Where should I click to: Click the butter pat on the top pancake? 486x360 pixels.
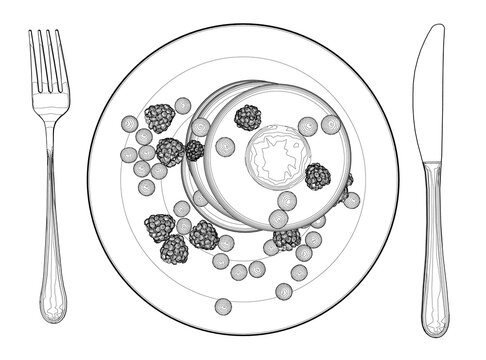pyautogui.click(x=270, y=156)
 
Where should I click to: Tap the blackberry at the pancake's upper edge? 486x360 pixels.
pyautogui.click(x=247, y=117)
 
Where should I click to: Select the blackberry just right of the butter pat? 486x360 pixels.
pyautogui.click(x=318, y=176)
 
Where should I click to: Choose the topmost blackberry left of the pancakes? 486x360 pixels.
pyautogui.click(x=159, y=118)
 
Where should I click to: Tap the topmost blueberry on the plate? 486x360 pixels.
pyautogui.click(x=182, y=105)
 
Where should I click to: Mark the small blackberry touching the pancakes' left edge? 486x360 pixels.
pyautogui.click(x=194, y=150)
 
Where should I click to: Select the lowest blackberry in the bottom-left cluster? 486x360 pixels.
pyautogui.click(x=174, y=249)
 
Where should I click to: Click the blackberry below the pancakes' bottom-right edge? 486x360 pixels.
pyautogui.click(x=287, y=238)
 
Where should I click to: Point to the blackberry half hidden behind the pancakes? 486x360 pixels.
pyautogui.click(x=345, y=185)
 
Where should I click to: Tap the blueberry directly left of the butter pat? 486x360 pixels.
pyautogui.click(x=226, y=146)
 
